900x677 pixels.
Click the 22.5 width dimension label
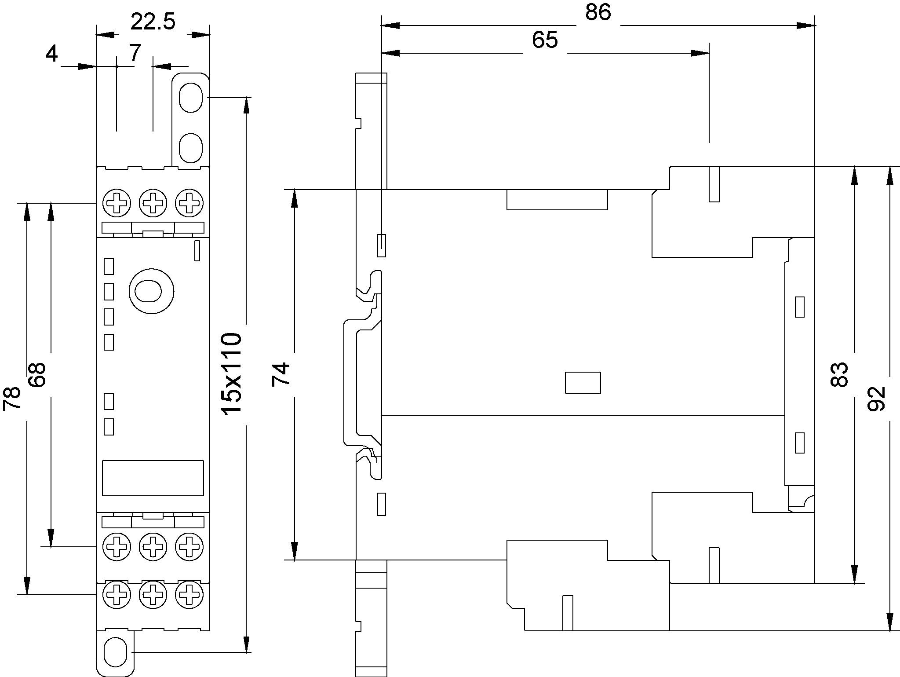[153, 22]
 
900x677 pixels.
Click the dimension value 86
[598, 12]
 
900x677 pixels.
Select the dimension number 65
[545, 40]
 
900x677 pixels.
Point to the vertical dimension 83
[839, 374]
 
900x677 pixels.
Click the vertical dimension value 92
[876, 399]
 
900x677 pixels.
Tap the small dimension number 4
[51, 54]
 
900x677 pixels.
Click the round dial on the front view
[151, 291]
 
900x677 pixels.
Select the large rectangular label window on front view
[153, 478]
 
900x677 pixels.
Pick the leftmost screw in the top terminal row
[117, 203]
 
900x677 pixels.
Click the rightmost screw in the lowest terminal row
[189, 595]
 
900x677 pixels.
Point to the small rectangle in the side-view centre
[583, 383]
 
